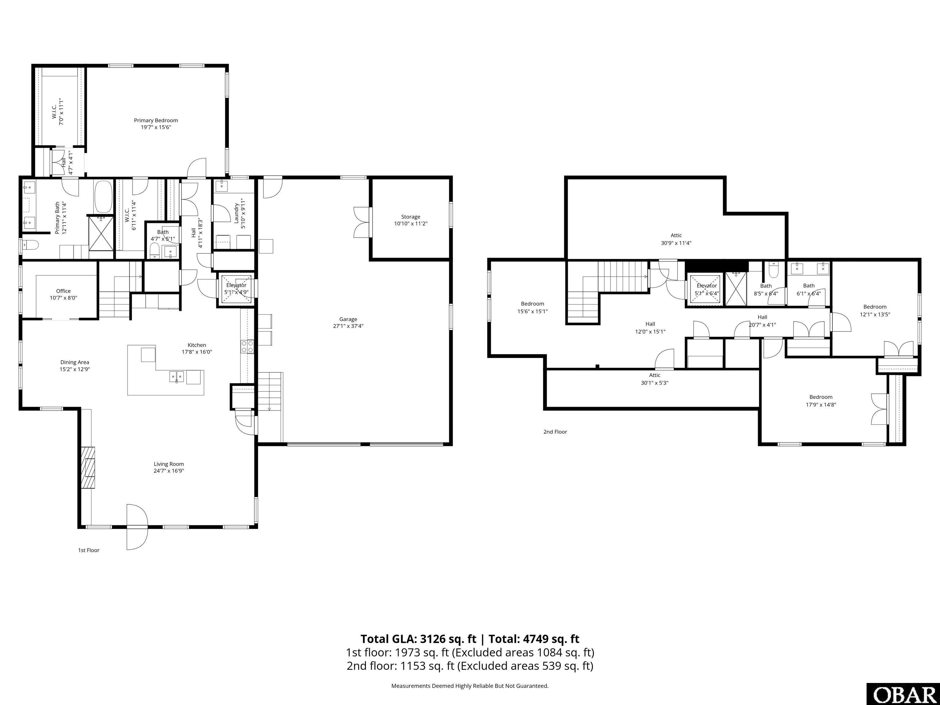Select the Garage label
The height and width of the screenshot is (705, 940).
tap(348, 319)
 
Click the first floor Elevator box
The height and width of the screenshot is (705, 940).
tap(236, 289)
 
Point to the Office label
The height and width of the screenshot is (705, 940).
tap(63, 291)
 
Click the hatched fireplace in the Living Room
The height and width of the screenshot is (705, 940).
tap(89, 468)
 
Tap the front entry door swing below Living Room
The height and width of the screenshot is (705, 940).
tap(137, 527)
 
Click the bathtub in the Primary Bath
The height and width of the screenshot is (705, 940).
tap(103, 197)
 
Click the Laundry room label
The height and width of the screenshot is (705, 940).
tap(236, 213)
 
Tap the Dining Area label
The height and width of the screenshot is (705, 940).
tap(74, 362)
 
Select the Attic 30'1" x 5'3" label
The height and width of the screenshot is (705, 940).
tap(655, 375)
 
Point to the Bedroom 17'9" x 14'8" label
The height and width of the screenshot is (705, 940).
tap(821, 397)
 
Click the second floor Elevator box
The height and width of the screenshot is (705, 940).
tap(706, 289)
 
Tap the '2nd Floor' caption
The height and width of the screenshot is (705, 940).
tap(555, 432)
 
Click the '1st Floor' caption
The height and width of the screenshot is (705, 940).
tap(88, 550)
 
